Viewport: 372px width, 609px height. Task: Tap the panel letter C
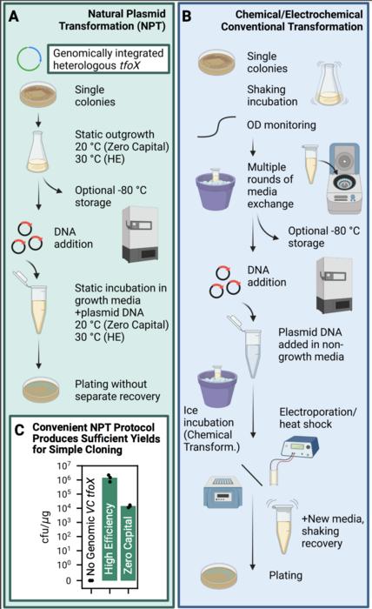click(18, 429)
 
